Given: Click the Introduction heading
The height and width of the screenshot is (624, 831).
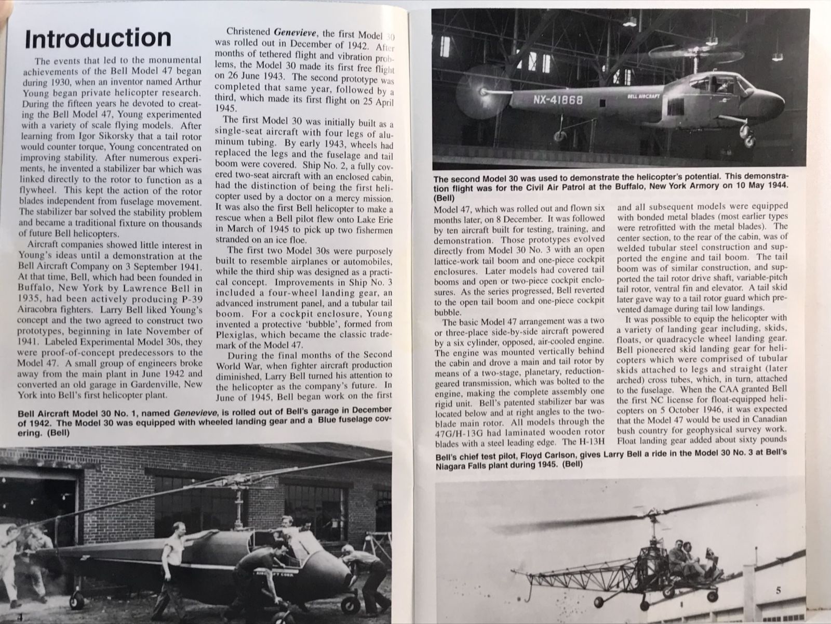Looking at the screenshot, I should (x=98, y=39).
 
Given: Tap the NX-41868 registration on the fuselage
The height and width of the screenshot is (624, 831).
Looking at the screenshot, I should (x=557, y=99).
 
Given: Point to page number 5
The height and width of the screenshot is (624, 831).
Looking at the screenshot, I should (x=778, y=576).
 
